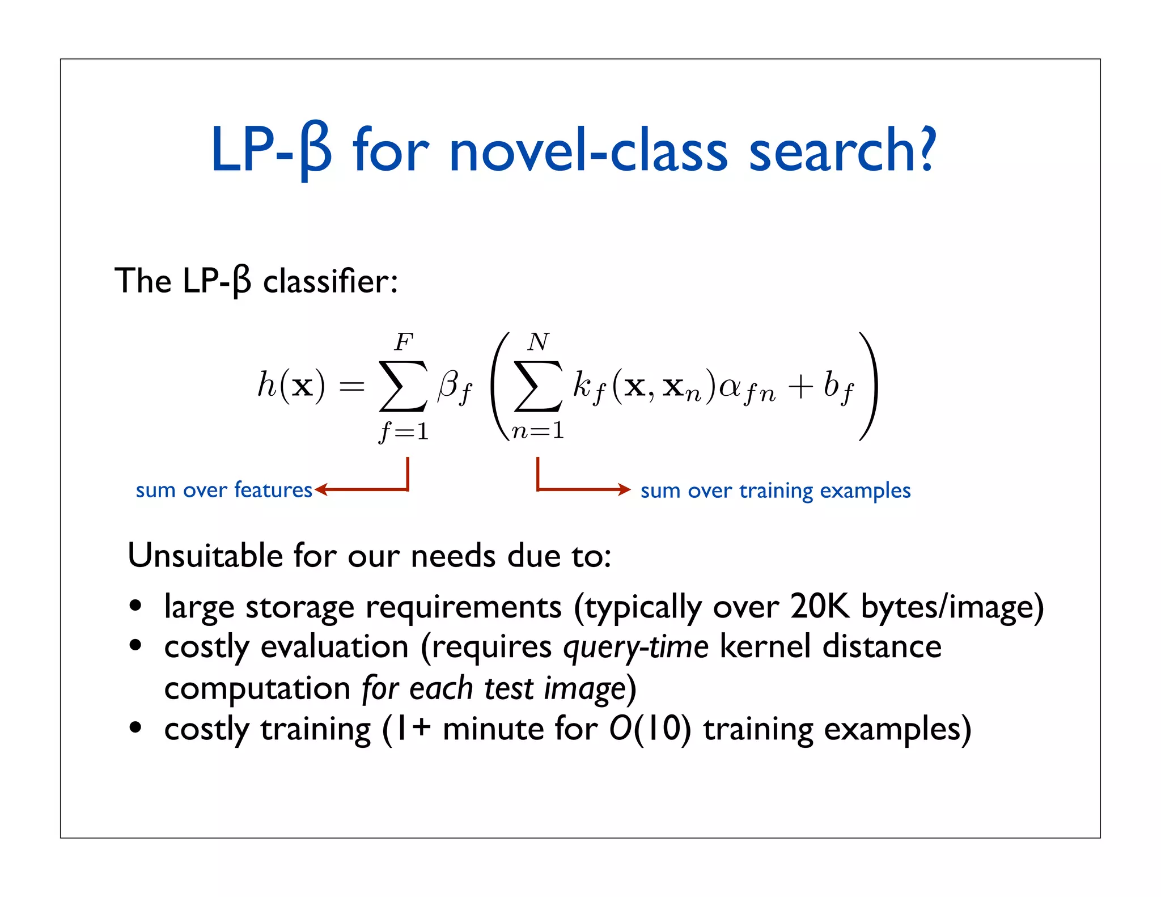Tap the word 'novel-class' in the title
588,150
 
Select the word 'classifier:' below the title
330,281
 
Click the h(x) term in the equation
291,386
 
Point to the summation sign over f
403,386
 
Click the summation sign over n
538,386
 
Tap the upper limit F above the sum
404,342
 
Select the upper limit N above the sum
538,342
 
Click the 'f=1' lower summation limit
404,432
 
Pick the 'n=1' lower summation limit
537,431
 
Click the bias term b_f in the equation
838,387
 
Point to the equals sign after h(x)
351,387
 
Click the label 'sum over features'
224,490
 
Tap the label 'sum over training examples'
775,490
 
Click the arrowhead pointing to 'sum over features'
321,489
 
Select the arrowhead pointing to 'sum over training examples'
624,489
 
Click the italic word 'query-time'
635,647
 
